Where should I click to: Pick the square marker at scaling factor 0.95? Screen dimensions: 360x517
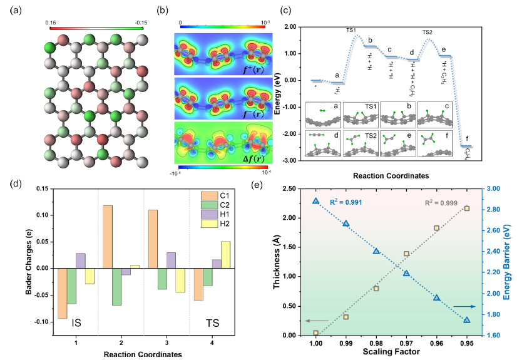click(x=466, y=208)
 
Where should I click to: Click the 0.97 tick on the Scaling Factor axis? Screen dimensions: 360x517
click(x=406, y=343)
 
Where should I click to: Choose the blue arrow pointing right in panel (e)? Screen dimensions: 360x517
click(x=463, y=306)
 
